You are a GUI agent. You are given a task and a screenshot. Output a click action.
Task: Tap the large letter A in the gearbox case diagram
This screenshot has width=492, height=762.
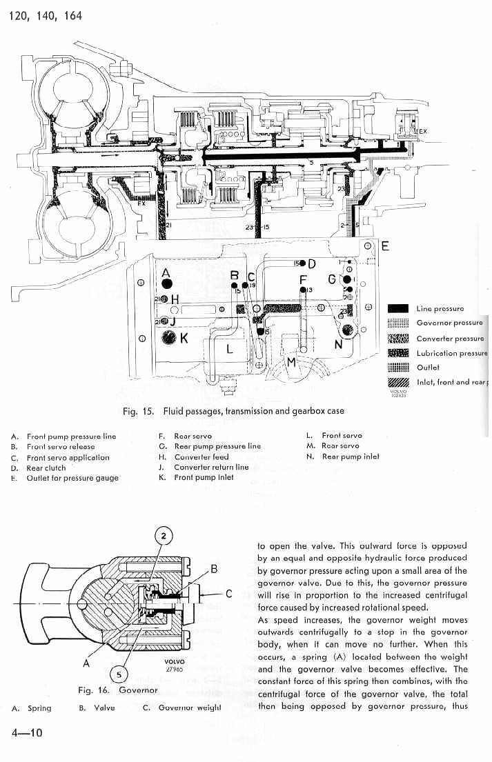[x=166, y=272]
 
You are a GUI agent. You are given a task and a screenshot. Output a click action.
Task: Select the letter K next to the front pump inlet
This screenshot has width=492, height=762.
[x=184, y=338]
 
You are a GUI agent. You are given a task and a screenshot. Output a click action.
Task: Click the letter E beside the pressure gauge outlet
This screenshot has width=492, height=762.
[x=385, y=246]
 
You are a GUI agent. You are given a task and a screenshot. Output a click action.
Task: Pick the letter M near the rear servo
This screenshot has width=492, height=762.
[x=292, y=362]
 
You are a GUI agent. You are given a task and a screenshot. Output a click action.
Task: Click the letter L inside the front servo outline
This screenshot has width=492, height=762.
[x=230, y=350]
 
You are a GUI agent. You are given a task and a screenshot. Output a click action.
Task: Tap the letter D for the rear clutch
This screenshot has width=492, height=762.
[x=312, y=263]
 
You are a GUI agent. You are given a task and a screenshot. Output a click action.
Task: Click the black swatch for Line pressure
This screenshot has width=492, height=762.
[x=400, y=309]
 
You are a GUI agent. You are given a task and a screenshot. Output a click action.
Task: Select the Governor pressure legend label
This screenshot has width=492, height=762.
[x=449, y=323]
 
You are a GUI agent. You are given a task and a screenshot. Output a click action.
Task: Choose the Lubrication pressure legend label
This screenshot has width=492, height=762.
[x=451, y=353]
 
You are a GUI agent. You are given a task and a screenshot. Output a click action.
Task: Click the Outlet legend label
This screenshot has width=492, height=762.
[x=428, y=368]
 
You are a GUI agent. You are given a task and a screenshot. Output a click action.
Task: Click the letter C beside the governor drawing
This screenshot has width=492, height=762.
[x=228, y=593]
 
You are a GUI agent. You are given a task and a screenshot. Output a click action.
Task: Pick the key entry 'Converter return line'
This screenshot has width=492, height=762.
[x=211, y=467]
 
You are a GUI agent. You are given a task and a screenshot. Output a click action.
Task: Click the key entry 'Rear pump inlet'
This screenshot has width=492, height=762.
[x=351, y=457]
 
